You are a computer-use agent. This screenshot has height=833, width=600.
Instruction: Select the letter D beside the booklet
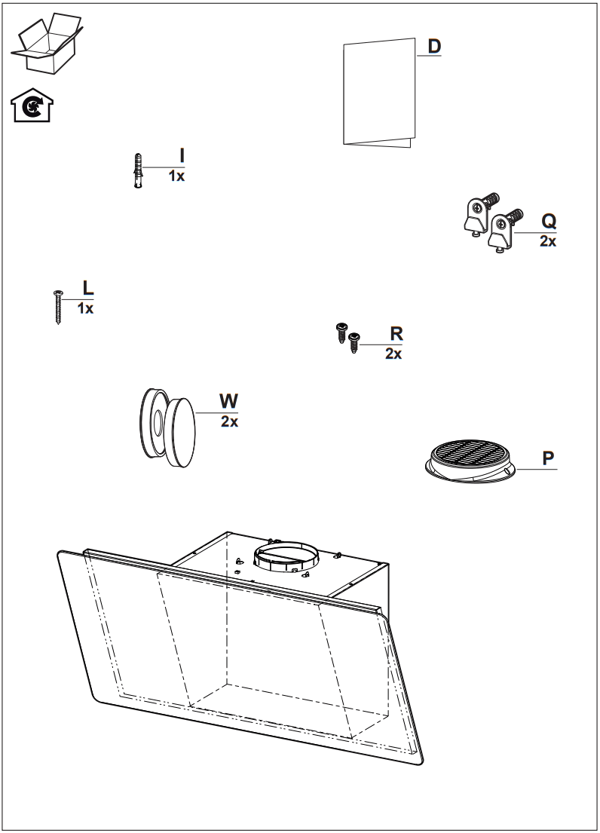coord(434,46)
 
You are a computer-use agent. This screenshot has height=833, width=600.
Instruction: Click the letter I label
coord(182,156)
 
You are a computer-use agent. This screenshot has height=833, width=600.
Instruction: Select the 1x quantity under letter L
coord(85,308)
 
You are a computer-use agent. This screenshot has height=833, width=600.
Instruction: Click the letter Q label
coord(549,222)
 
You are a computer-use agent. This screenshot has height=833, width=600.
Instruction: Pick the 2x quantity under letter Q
coord(548,242)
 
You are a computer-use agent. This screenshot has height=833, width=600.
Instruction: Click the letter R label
coord(396,334)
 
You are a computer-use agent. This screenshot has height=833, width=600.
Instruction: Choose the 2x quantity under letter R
coord(393,354)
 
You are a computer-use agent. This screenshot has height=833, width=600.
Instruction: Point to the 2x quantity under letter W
coord(229,422)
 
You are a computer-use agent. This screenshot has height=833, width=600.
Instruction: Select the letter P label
coord(549,458)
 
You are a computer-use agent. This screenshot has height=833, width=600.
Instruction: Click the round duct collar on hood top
coord(286,556)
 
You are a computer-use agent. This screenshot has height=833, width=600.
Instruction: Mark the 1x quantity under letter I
coord(176,176)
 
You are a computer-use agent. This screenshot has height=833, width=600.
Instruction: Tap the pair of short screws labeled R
coord(347,337)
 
